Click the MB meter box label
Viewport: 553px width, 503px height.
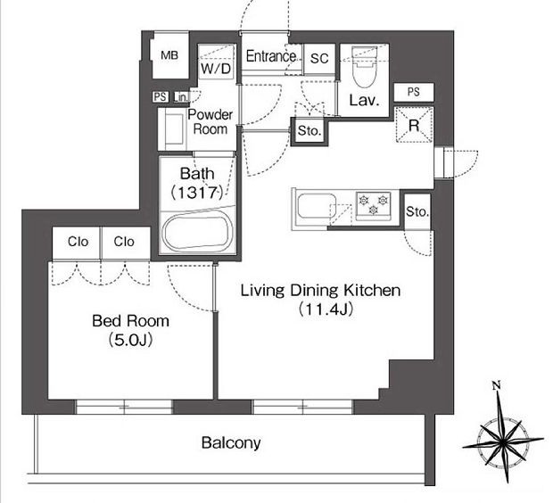tap(169, 55)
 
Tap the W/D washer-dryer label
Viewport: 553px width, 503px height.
tap(216, 69)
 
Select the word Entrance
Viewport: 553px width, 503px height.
tap(271, 56)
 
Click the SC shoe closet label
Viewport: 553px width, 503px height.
tap(319, 58)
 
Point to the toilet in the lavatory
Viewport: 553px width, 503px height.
tap(364, 67)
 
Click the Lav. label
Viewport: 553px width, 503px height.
tap(364, 101)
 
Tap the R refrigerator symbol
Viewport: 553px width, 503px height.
tap(414, 125)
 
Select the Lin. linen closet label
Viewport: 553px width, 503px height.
tap(181, 97)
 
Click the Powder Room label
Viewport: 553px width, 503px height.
tap(210, 121)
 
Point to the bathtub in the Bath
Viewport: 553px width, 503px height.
tap(197, 233)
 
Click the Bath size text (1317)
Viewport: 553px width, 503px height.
tap(197, 193)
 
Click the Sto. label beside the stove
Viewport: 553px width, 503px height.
tap(417, 211)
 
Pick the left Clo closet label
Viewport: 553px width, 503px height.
tap(78, 242)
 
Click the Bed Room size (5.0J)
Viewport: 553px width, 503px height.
tap(130, 340)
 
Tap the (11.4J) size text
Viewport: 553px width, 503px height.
tap(325, 309)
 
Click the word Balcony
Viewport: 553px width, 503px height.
tap(231, 443)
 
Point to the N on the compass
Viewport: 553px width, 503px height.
tap(497, 385)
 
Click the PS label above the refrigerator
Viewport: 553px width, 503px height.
tap(414, 92)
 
